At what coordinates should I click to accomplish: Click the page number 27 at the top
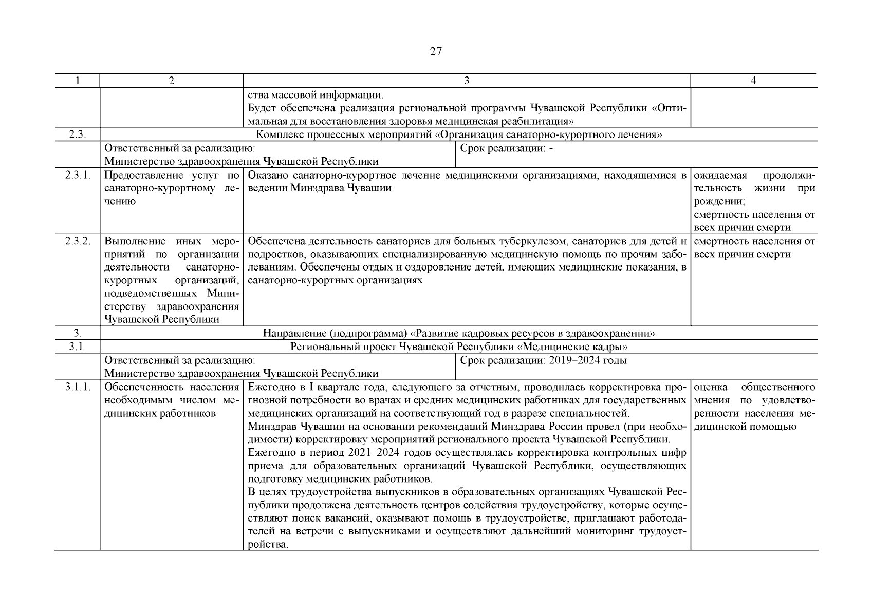pyautogui.click(x=435, y=52)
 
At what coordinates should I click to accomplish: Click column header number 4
pyautogui.click(x=753, y=81)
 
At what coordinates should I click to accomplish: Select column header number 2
pyautogui.click(x=171, y=81)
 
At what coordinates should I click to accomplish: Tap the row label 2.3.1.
pyautogui.click(x=78, y=176)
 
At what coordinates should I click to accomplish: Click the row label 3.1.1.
pyautogui.click(x=78, y=388)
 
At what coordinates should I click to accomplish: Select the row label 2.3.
pyautogui.click(x=78, y=135)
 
